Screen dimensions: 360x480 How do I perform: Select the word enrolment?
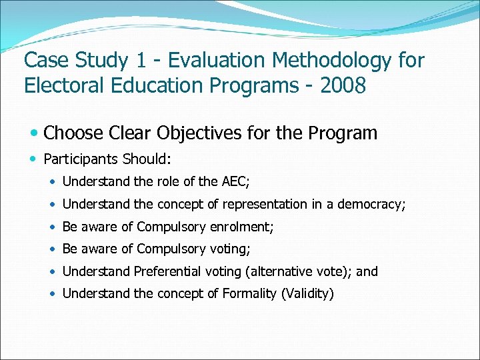241,227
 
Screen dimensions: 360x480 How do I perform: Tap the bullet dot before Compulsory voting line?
53,249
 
